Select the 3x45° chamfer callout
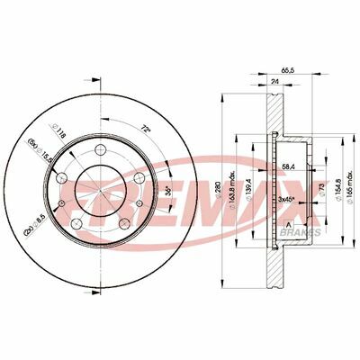[288, 197]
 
